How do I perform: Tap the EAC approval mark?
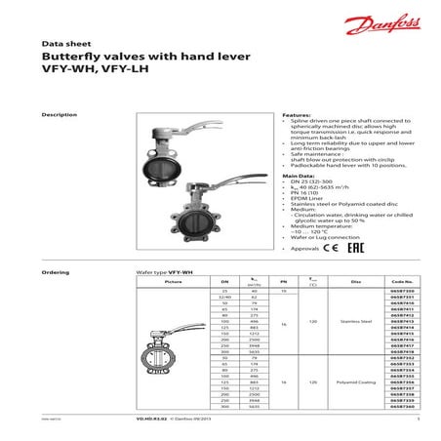point(358,249)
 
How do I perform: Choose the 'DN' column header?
point(225,280)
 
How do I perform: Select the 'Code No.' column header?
point(401,280)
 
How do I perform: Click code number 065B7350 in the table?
point(401,291)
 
